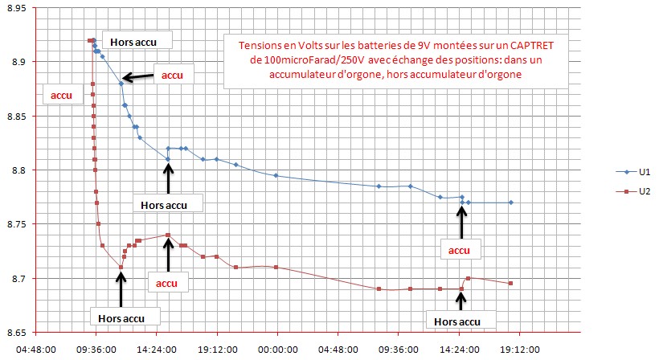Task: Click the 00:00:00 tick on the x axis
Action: pos(276,350)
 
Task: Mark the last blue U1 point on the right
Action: pos(511,202)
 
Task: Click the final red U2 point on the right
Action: pos(511,283)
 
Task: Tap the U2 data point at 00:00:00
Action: pos(276,267)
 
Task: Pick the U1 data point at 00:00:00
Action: pos(276,175)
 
